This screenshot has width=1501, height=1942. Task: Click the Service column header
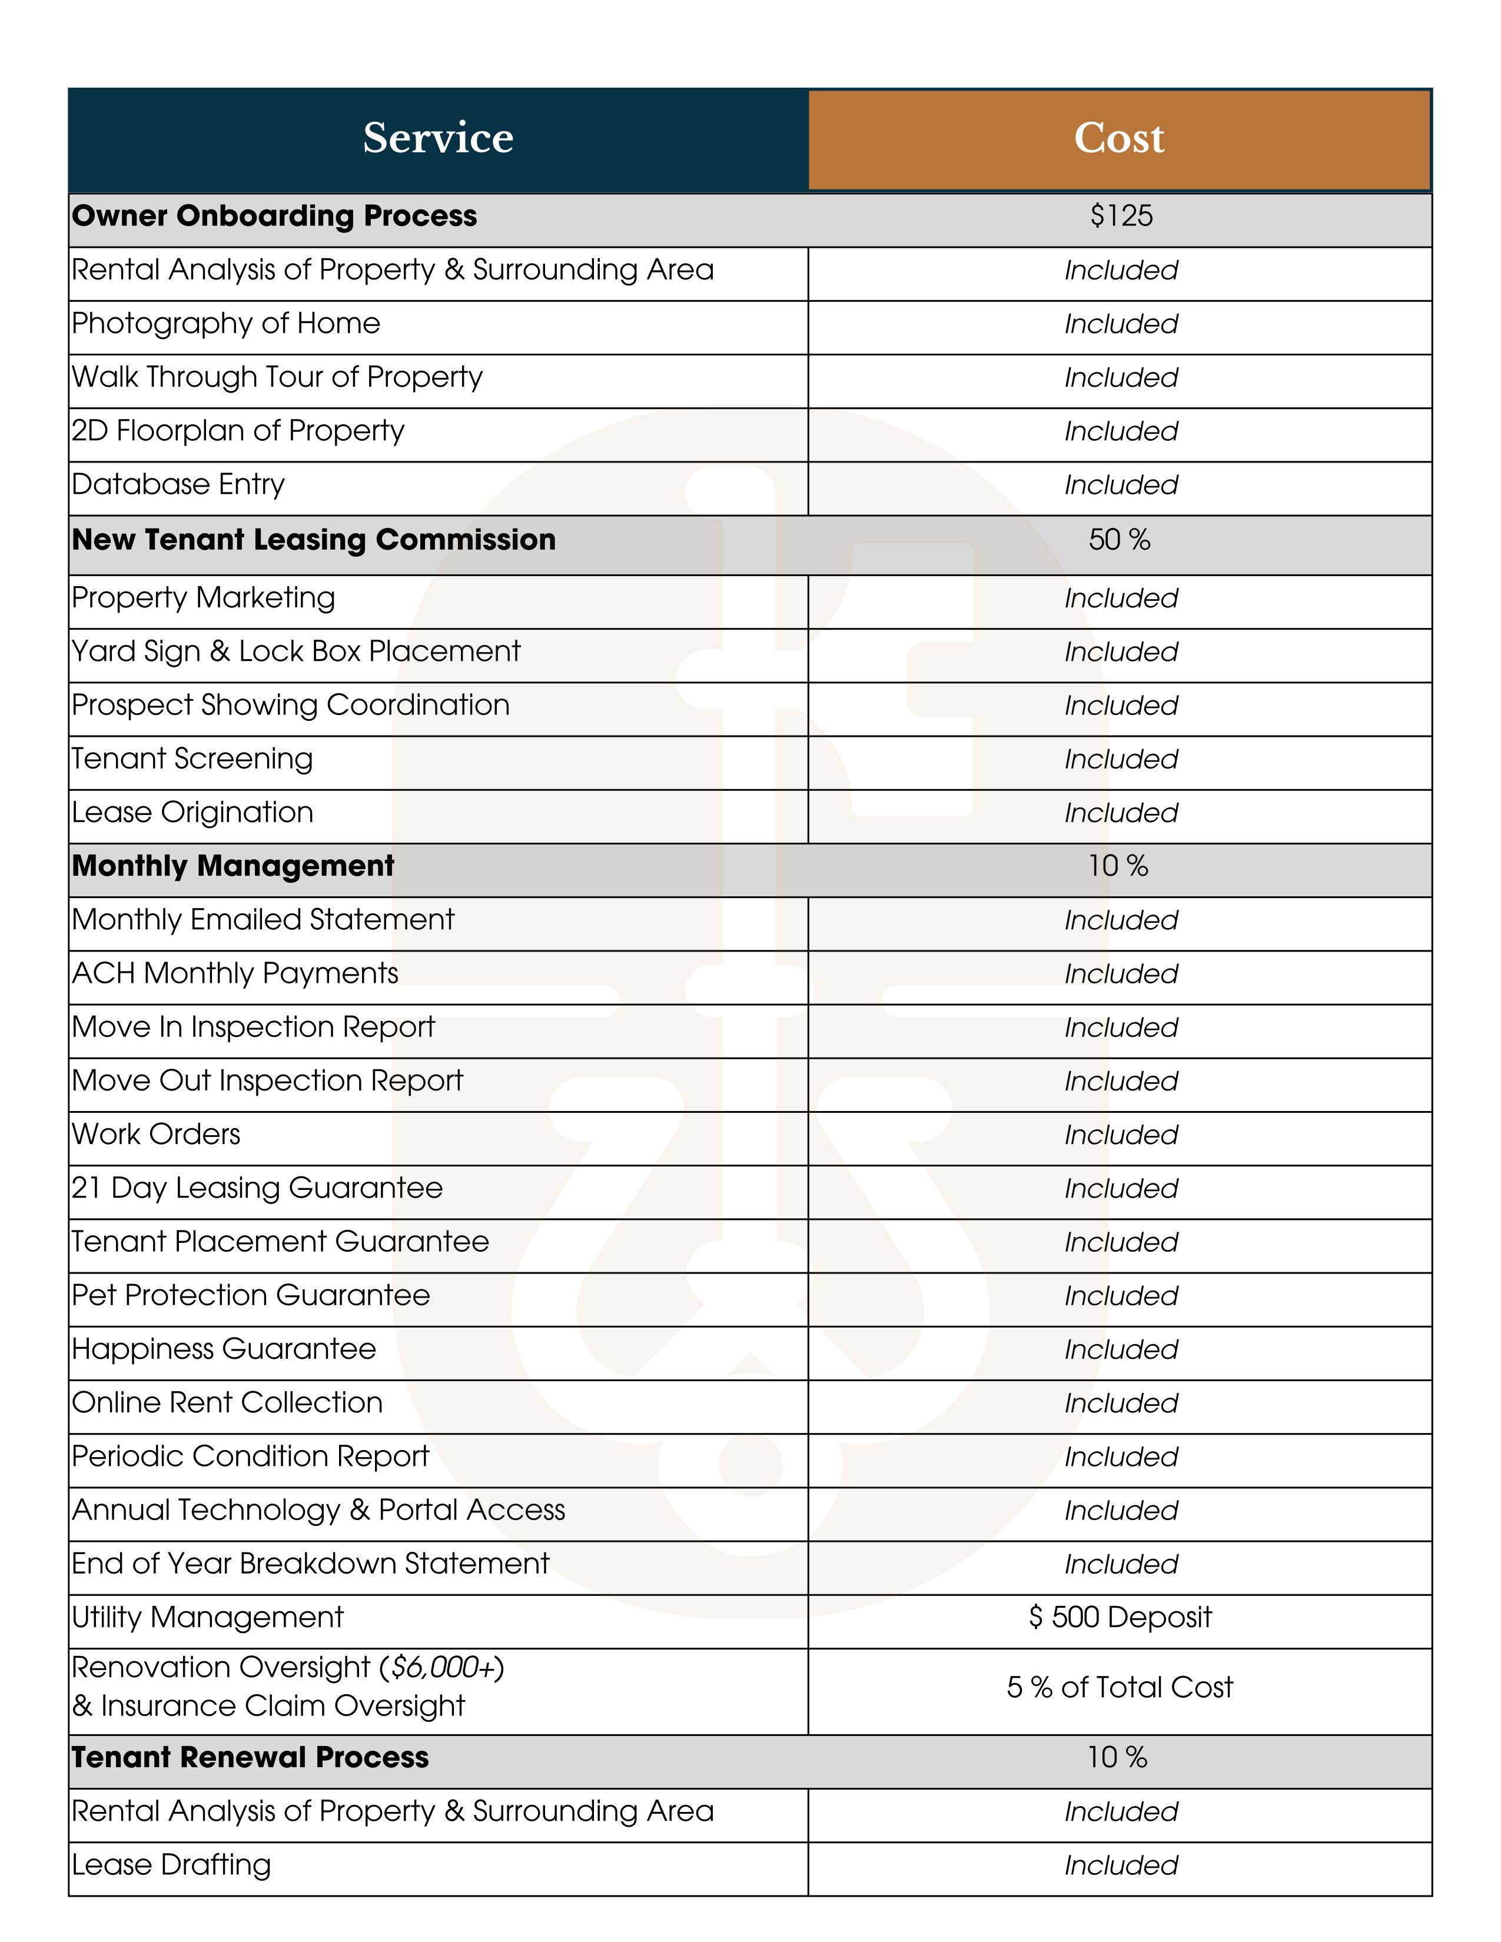pyautogui.click(x=437, y=138)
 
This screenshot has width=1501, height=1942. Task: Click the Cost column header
pyautogui.click(x=1118, y=138)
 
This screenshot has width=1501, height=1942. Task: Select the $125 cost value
pyautogui.click(x=1120, y=216)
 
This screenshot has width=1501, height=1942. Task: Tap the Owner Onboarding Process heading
pyautogui.click(x=274, y=216)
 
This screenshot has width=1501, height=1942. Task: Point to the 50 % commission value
pyautogui.click(x=1118, y=540)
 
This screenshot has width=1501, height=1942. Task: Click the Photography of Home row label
pyautogui.click(x=226, y=324)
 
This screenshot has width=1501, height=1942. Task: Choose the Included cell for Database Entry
pyautogui.click(x=1120, y=485)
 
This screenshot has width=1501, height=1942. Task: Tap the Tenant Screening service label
pyautogui.click(x=192, y=759)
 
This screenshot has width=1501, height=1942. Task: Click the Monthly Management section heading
pyautogui.click(x=233, y=866)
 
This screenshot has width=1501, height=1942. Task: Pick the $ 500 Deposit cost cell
pyautogui.click(x=1120, y=1617)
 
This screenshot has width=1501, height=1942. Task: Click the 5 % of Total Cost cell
pyautogui.click(x=1120, y=1688)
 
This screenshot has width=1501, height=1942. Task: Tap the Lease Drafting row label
pyautogui.click(x=171, y=1865)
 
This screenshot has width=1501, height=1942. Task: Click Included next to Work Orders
pyautogui.click(x=1120, y=1136)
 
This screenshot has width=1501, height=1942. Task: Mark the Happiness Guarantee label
pyautogui.click(x=224, y=1349)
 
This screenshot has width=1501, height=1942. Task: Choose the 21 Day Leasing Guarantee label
pyautogui.click(x=257, y=1188)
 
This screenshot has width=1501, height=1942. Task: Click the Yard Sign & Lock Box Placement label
pyautogui.click(x=295, y=652)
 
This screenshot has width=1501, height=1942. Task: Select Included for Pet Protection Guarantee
pyautogui.click(x=1120, y=1296)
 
